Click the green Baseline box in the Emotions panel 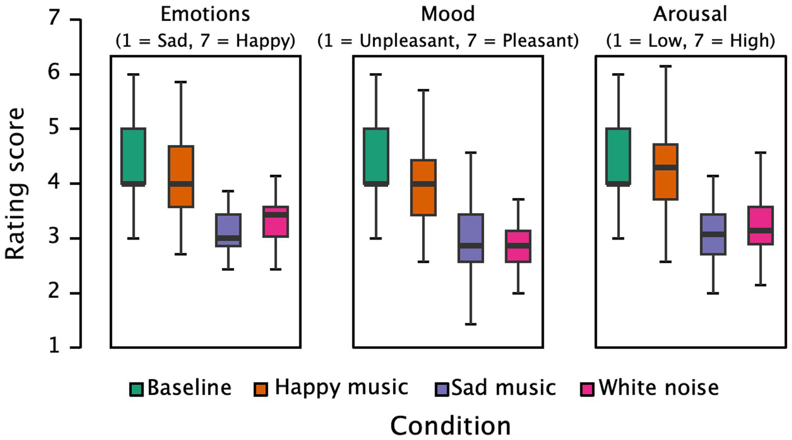click(133, 156)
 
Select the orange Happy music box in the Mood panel click(423, 187)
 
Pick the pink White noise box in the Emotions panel click(276, 222)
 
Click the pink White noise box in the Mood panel click(518, 246)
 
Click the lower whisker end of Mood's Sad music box click(470, 324)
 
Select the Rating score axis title click(17, 184)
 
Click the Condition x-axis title click(450, 425)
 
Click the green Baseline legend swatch click(137, 388)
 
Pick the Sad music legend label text click(504, 388)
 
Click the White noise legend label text click(659, 388)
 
